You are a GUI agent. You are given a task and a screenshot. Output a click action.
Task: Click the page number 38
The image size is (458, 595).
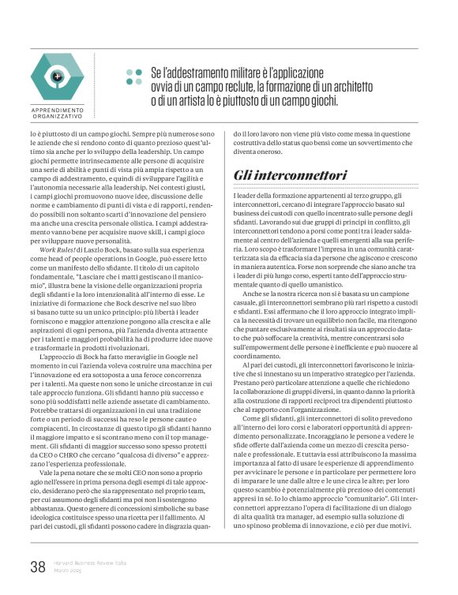[x=37, y=567]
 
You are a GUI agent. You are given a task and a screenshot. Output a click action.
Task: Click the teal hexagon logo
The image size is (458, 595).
[x=57, y=77]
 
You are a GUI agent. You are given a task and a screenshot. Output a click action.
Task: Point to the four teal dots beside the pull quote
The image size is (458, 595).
[x=134, y=77]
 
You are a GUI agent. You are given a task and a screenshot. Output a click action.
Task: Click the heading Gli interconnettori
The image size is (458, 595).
[x=280, y=174]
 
